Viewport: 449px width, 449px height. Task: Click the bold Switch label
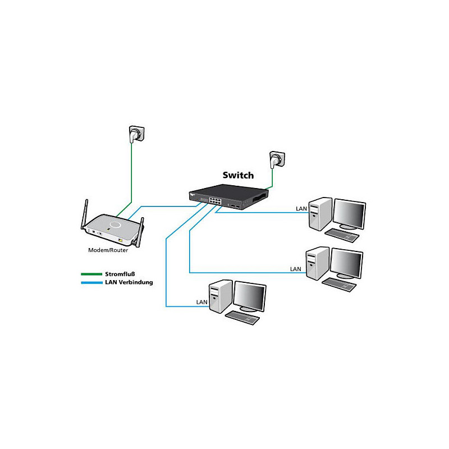click(238, 175)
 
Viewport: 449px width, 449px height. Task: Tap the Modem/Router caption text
click(108, 250)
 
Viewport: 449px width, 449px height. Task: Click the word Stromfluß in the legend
click(120, 274)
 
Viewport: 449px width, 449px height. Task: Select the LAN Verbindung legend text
click(129, 282)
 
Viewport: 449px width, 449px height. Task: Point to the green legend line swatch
click(91, 274)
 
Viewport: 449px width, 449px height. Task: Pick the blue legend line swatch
click(91, 283)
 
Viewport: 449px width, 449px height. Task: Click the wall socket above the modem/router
click(136, 134)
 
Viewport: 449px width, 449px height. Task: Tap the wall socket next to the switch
click(277, 160)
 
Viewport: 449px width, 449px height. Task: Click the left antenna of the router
click(84, 214)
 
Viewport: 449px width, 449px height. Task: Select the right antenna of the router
click(140, 232)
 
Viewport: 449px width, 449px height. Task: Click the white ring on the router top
click(115, 224)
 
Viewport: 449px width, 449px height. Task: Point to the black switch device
click(228, 197)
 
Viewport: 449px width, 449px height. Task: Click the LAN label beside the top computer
click(301, 209)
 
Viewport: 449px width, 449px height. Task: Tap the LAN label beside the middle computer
click(296, 269)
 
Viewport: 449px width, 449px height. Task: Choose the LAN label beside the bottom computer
click(201, 302)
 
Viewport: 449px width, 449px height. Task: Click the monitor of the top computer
click(349, 214)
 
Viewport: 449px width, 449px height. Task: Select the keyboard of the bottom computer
click(242, 318)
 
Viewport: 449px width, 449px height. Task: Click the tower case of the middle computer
click(317, 263)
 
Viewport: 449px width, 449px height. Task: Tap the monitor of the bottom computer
click(250, 297)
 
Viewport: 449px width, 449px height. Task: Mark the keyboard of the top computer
click(342, 235)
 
